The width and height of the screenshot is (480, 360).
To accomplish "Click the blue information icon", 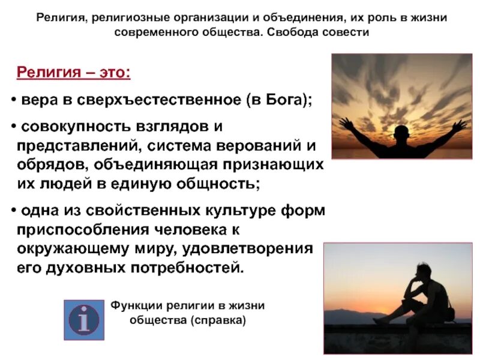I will coord(84,320).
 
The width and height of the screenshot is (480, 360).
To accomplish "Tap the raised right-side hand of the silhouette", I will coord(459,124).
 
